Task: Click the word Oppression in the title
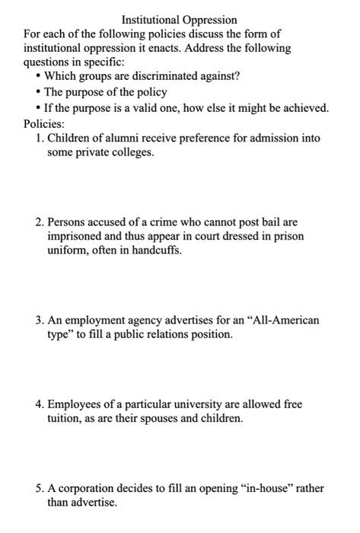click(x=207, y=20)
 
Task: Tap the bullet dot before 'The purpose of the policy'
click(x=37, y=92)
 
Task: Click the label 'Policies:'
click(x=44, y=123)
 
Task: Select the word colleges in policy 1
click(x=130, y=152)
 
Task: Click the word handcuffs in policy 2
click(x=156, y=251)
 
